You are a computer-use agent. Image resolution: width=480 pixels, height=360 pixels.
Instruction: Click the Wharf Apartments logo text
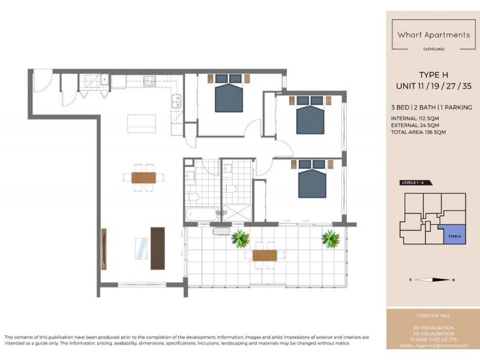coord(433,35)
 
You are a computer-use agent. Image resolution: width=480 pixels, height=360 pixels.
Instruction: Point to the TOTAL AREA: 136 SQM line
coord(418,132)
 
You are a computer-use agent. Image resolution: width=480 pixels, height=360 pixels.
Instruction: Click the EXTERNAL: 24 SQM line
coord(416,125)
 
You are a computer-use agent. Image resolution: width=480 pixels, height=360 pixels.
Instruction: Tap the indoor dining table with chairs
coord(143,177)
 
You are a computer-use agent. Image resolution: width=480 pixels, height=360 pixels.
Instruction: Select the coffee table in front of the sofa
coord(141,248)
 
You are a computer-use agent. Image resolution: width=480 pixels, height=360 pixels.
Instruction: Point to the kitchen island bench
coord(141,124)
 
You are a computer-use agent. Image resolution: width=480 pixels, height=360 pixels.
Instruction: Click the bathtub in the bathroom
coord(201,214)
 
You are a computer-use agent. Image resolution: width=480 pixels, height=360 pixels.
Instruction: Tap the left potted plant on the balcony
coord(241,239)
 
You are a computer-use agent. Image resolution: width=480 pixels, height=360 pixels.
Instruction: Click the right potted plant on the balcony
coord(330,239)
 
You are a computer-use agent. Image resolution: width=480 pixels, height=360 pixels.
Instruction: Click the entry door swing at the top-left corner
coord(43,81)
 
